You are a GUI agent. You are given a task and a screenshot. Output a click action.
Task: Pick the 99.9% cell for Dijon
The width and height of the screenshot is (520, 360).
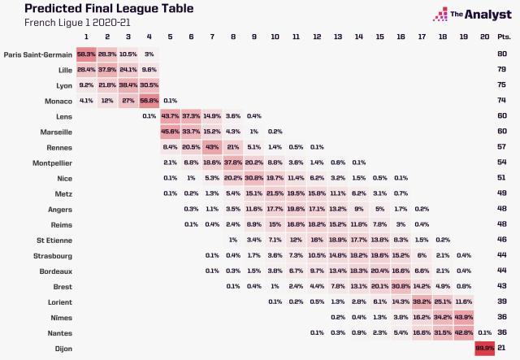coord(485,348)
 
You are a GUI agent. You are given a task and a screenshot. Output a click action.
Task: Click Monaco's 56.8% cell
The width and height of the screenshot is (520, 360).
coord(149,101)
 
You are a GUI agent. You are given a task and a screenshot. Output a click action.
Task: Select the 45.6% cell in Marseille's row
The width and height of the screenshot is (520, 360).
coord(170,132)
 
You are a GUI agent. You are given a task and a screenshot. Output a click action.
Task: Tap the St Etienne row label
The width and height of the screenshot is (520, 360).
coord(54,240)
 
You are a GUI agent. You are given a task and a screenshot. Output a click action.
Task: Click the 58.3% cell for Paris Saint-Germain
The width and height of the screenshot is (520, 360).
coord(85,54)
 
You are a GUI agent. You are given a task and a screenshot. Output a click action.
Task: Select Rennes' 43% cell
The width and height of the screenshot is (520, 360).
coord(211,147)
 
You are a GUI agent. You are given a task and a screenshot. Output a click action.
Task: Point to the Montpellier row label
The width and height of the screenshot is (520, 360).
coord(50,163)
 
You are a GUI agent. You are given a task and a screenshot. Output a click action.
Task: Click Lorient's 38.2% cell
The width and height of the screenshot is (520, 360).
coord(422,301)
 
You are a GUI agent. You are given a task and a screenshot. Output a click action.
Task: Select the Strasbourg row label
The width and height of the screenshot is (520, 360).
coord(51,255)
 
